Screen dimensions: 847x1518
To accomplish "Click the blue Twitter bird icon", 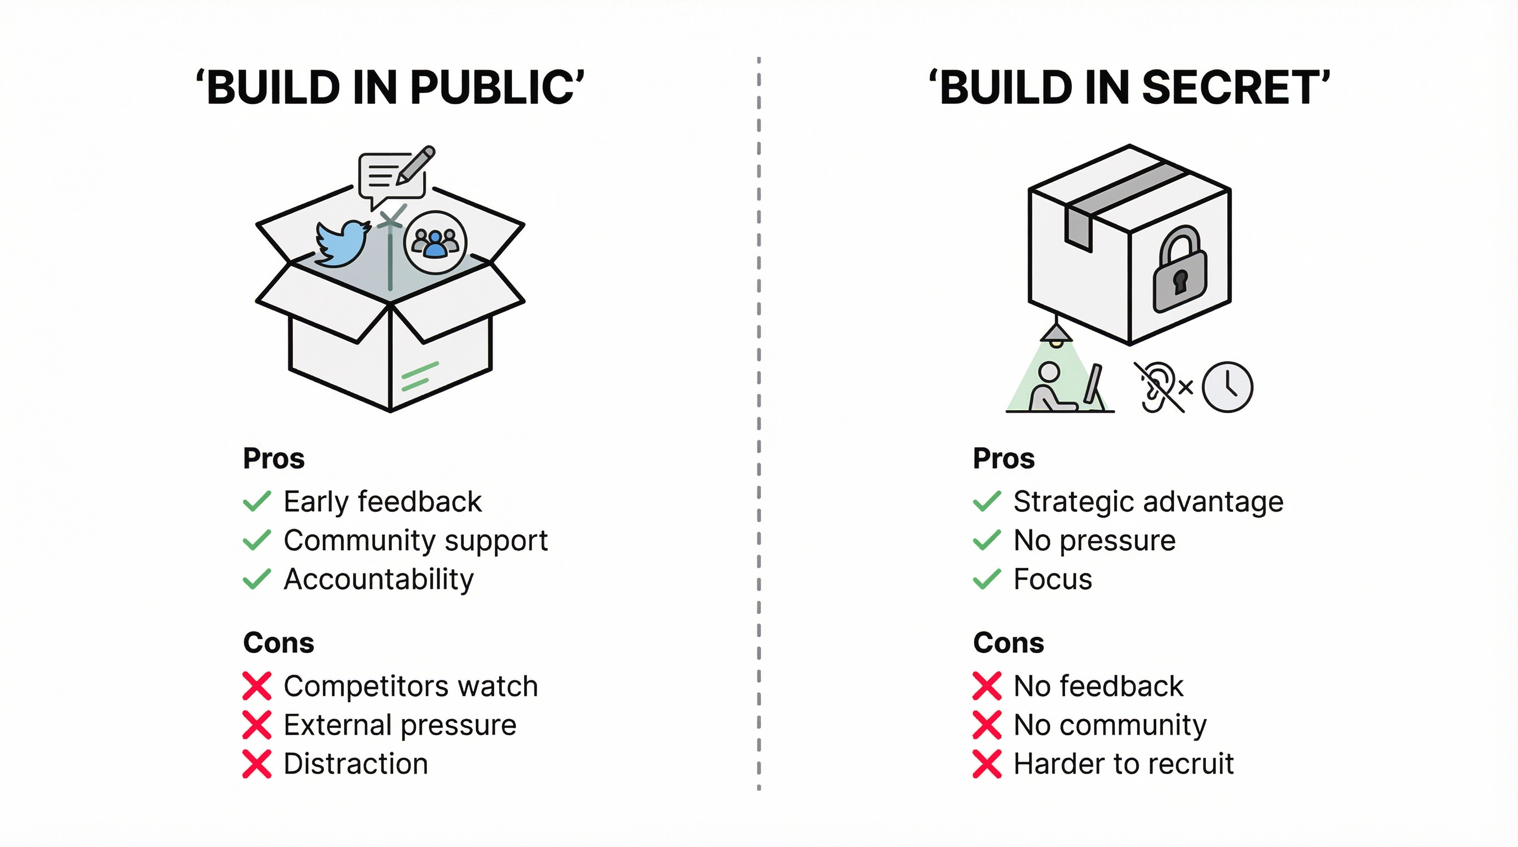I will pos(342,243).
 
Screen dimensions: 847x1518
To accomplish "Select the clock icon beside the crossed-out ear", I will pos(1227,387).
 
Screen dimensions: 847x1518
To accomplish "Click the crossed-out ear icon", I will pos(1157,387).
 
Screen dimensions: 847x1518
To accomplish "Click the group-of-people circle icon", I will pos(435,242).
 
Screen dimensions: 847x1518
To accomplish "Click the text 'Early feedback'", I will pos(382,502).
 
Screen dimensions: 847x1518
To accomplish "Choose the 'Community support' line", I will pos(415,541).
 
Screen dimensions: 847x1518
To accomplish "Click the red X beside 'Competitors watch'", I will pos(257,686).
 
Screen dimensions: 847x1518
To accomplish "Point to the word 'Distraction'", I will pos(355,764).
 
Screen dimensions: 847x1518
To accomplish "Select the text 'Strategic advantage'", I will pos(1148,502).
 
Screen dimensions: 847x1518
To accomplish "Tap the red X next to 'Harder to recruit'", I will pos(987,764).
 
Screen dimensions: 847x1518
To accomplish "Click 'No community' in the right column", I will pos(1110,725).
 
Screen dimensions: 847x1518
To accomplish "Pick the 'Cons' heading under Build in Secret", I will pos(1008,642).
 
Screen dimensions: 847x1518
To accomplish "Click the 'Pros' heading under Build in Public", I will pos(274,458).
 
